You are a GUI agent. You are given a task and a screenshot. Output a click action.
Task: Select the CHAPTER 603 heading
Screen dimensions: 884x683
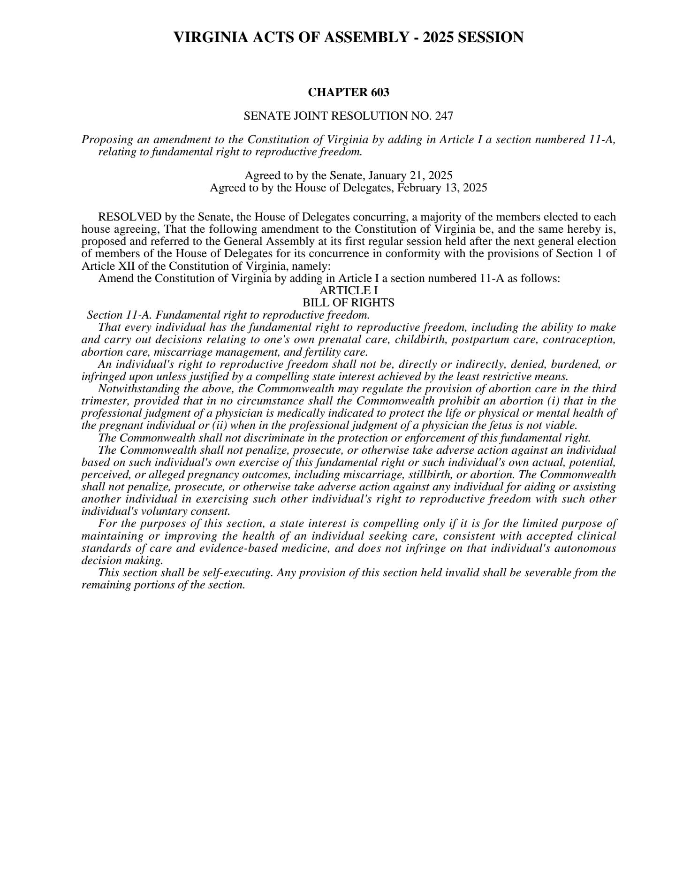click(348, 92)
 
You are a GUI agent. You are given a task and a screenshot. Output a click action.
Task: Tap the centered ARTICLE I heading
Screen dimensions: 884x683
click(348, 290)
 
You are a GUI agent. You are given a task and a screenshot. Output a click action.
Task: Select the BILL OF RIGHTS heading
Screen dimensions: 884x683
click(348, 303)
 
